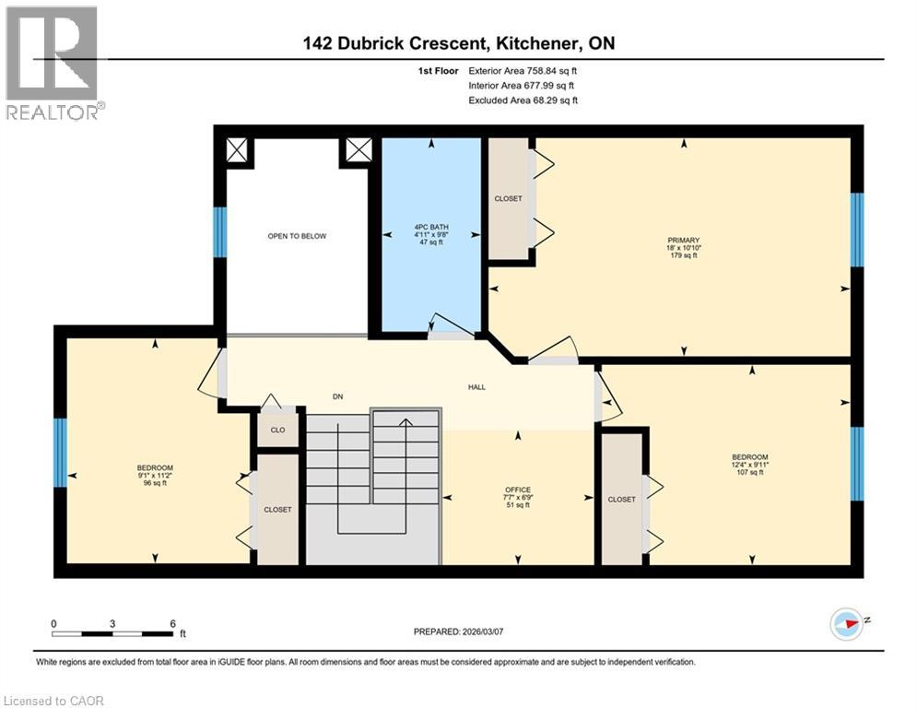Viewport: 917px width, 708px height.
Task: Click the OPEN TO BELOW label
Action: click(297, 236)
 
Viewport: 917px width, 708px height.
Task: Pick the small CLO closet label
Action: click(277, 430)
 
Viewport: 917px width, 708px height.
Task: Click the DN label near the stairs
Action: click(338, 396)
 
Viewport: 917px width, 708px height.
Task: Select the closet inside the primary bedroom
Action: click(508, 199)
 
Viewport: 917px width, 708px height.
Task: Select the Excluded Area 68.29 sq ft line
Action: click(523, 100)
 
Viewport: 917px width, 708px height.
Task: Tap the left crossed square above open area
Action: click(238, 150)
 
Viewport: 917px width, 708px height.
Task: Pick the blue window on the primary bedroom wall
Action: click(856, 230)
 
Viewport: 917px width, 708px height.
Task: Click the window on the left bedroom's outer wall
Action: click(61, 452)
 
